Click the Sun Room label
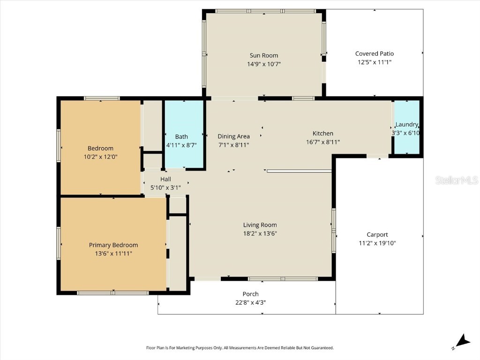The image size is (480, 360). [x=263, y=55]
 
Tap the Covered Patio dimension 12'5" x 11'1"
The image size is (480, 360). [x=374, y=62]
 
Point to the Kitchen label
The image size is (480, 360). [x=323, y=134]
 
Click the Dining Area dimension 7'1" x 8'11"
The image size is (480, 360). [x=233, y=145]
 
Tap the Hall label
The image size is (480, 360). [x=165, y=179]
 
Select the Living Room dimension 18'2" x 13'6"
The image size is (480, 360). [x=260, y=233]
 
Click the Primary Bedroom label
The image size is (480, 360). [x=113, y=245]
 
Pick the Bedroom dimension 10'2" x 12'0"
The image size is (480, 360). [x=100, y=157]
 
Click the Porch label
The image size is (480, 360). [x=250, y=294]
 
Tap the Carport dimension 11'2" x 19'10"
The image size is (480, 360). [x=377, y=243]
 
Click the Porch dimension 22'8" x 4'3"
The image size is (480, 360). [x=250, y=302]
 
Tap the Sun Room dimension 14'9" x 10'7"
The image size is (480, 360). [x=263, y=64]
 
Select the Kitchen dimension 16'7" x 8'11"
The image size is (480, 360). [x=323, y=142]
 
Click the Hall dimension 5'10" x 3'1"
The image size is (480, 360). [x=165, y=187]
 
